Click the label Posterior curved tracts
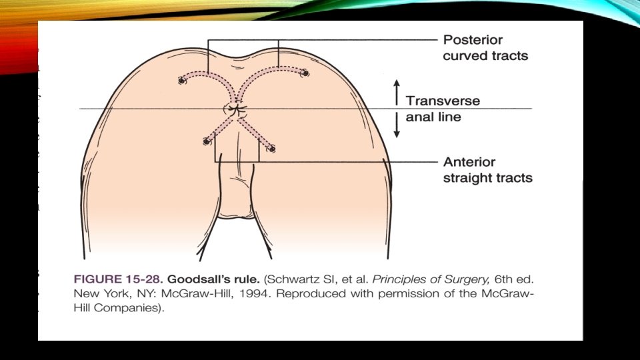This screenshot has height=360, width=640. [485, 48]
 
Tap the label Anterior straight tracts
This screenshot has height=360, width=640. [487, 170]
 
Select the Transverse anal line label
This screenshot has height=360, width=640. [443, 109]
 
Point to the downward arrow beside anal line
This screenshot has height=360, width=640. [396, 127]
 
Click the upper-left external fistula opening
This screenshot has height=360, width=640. [181, 81]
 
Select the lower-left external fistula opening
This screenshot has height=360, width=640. [207, 141]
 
